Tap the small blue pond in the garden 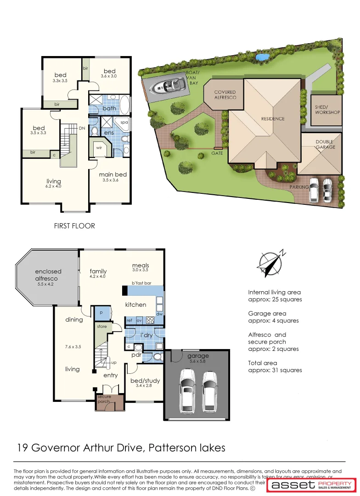tap(262, 57)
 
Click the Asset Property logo tap(311, 485)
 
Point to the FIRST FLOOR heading tap(74, 225)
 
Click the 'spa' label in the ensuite tap(124, 123)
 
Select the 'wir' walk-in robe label tap(99, 148)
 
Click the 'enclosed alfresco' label tap(48, 275)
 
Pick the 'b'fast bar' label tap(141, 283)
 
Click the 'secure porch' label tap(104, 399)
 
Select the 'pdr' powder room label tap(136, 355)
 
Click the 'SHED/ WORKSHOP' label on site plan tap(327, 110)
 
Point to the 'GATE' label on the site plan tap(217, 153)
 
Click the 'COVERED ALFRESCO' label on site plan tap(225, 95)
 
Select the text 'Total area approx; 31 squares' tap(275, 366)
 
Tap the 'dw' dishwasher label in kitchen tap(159, 314)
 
